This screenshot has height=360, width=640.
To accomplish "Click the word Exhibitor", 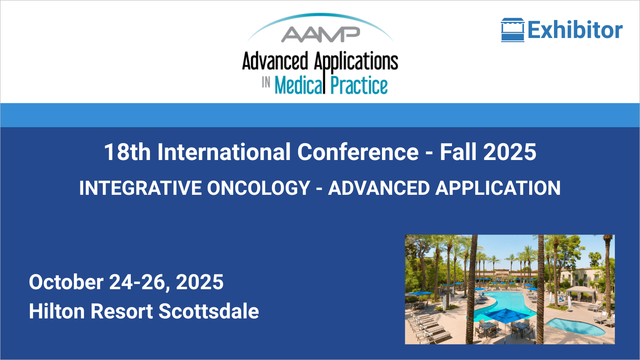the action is pos(575,30).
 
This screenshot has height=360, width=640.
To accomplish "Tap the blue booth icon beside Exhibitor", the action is pos(512,30).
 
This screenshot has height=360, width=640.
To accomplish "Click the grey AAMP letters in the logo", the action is pos(320,34).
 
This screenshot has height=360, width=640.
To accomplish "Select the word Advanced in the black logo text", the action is pos(275,61).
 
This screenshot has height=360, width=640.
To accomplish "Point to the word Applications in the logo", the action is pos(356,61).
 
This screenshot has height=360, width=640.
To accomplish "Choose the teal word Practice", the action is pos(359,85).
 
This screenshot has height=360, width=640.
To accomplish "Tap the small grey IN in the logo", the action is pos(266,82).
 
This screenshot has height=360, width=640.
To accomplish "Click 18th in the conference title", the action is pos(127,152).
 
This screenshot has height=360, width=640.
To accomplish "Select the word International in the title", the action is pos(224,152).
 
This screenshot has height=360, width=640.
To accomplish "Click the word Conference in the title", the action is pos(358,152).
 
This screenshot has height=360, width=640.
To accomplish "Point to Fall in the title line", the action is pos(458,152).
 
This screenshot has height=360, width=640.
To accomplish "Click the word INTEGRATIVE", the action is pos(140,188).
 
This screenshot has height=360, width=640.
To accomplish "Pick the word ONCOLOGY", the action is pos(258,188).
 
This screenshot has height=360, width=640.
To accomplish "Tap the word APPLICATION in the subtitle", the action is pos(498,188).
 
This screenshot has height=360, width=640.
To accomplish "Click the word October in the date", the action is pos(66,282).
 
